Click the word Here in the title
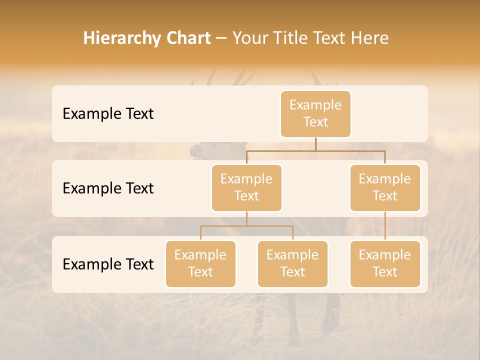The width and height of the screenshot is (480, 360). point(370,38)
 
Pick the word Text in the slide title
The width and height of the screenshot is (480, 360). point(332,38)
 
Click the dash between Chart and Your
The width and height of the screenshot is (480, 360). point(221,39)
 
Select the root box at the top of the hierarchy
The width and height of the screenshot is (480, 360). point(315,113)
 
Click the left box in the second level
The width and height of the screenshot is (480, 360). point(246,187)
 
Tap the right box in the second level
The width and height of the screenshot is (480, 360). point(385,187)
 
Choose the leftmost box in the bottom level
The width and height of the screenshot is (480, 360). point(200,263)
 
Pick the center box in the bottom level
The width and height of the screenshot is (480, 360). point(292,263)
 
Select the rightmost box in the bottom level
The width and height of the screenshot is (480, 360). point(385,263)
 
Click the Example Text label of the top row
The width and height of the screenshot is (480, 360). point(108,114)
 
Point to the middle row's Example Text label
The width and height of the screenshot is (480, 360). point(108,188)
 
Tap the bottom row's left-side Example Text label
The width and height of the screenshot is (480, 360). point(108,264)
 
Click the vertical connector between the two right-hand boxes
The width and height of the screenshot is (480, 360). point(385,226)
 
